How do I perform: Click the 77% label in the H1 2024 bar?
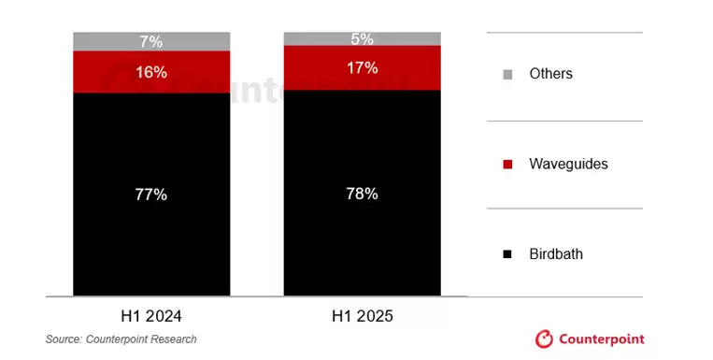tap(151, 194)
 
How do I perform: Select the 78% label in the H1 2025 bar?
tap(363, 194)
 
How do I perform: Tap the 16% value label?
tap(151, 72)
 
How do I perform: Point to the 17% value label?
tap(363, 67)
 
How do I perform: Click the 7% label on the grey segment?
tap(151, 41)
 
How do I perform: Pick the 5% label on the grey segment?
tap(363, 38)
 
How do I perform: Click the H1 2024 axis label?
tap(151, 316)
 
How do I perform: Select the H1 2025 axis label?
tap(363, 316)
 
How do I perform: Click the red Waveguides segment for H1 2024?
tap(103, 72)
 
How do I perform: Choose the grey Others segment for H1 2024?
tap(103, 41)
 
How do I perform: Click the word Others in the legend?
tap(550, 73)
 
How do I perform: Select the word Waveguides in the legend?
tap(568, 164)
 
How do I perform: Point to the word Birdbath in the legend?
tap(555, 253)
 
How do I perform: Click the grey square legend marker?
tap(507, 74)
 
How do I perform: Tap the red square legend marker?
tap(507, 165)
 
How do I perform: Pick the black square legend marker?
tap(507, 254)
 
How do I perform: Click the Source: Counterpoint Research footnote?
tap(121, 339)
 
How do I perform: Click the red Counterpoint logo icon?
tap(544, 338)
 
